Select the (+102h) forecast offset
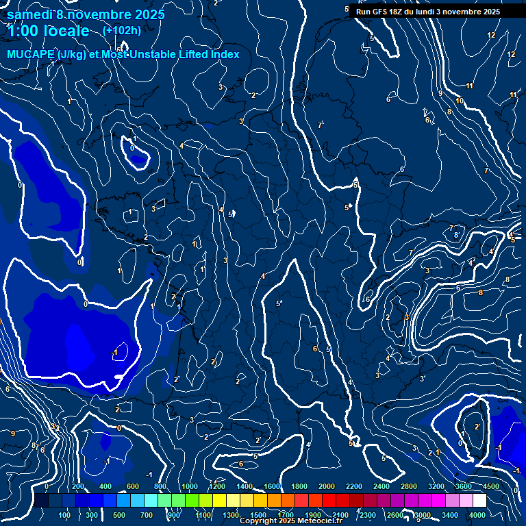tap(122, 30)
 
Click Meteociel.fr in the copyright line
tap(323, 521)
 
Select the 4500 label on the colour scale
tap(491, 486)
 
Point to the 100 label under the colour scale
tap(64, 515)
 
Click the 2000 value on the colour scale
tap(326, 486)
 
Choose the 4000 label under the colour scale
tap(477, 515)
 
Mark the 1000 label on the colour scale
tap(189, 486)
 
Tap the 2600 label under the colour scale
tap(395, 515)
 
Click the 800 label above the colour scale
tap(160, 486)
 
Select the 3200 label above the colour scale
tap(436, 486)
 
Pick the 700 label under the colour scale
tap(146, 515)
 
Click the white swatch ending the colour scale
tap(479, 501)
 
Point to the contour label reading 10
tap(459, 101)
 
